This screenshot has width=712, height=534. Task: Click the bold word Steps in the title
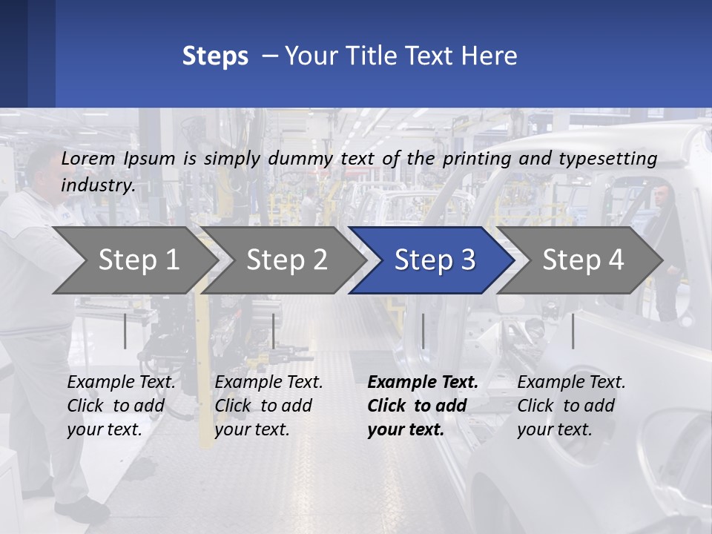pyautogui.click(x=215, y=56)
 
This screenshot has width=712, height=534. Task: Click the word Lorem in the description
pyautogui.click(x=88, y=159)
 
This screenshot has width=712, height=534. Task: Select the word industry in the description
pyautogui.click(x=98, y=185)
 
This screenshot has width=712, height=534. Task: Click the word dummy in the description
pyautogui.click(x=300, y=159)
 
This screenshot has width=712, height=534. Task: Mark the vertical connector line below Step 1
pyautogui.click(x=125, y=331)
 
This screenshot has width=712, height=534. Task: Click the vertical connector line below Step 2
pyautogui.click(x=274, y=331)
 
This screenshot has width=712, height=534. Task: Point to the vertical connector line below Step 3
pyautogui.click(x=423, y=331)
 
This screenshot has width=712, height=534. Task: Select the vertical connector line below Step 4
pyautogui.click(x=573, y=331)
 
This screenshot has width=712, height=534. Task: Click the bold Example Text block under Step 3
pyautogui.click(x=423, y=406)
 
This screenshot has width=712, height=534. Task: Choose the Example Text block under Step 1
pyautogui.click(x=121, y=406)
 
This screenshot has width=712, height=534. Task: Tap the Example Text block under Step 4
pyautogui.click(x=571, y=406)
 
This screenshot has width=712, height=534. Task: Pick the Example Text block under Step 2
pyautogui.click(x=268, y=406)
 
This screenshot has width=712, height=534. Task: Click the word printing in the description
pyautogui.click(x=477, y=159)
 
